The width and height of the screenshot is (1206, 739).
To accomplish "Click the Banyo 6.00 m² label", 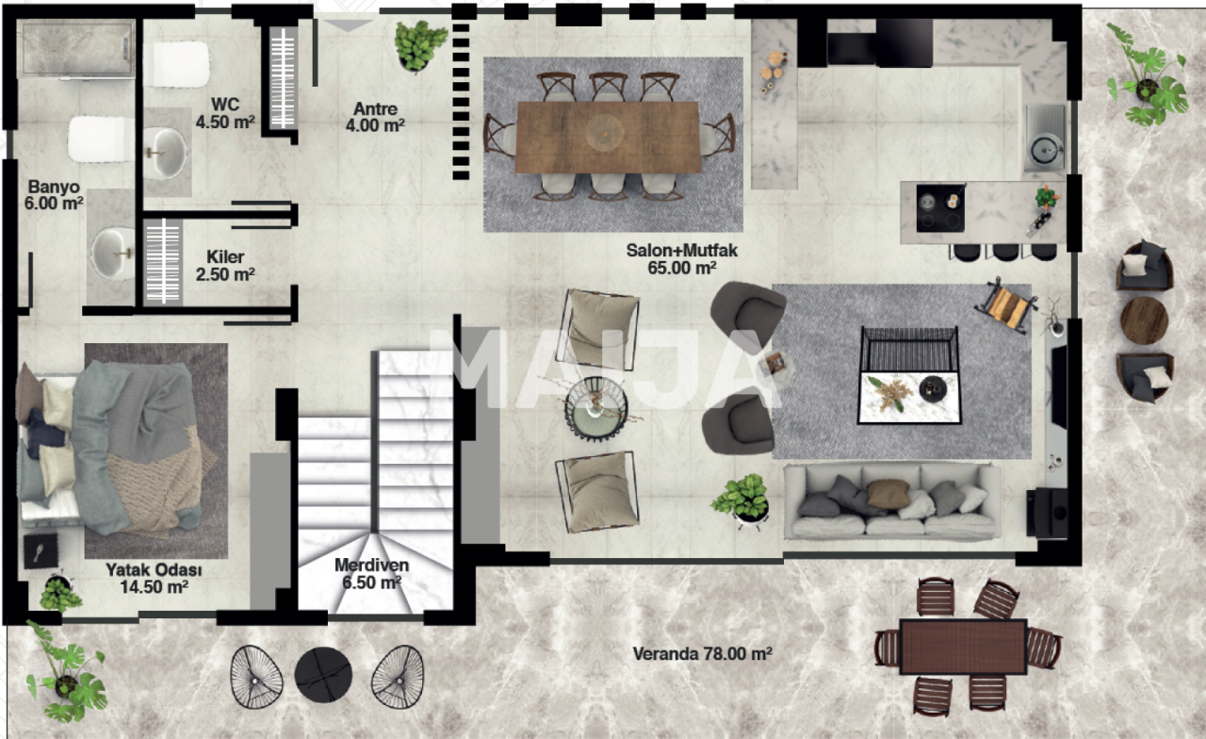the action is [x=54, y=195].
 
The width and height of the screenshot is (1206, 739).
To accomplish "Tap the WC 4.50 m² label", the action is [x=225, y=113].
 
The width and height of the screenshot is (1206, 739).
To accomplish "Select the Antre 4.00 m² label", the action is [x=375, y=118].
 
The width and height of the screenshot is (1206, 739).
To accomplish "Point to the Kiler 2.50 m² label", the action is [x=225, y=266].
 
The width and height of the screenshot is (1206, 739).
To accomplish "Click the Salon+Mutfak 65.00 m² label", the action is [x=681, y=259].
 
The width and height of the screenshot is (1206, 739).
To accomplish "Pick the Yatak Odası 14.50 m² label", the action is [x=154, y=578].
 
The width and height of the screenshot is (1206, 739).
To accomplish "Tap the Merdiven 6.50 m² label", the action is [x=371, y=574].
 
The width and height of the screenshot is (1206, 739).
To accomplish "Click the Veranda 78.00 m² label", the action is [x=703, y=654].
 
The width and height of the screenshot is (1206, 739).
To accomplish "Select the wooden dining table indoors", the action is [x=608, y=137].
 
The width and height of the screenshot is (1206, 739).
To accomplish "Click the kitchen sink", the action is [x=1045, y=138].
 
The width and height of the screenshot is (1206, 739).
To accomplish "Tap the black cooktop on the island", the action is [x=940, y=208].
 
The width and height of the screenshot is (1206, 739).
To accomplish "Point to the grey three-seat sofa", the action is [x=891, y=502].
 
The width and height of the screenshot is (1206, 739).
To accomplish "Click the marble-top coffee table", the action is [x=909, y=398].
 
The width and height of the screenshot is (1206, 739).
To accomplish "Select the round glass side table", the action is [x=596, y=409].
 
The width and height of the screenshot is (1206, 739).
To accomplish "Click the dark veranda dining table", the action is [x=963, y=647].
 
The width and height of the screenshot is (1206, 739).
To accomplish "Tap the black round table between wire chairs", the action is [x=323, y=675].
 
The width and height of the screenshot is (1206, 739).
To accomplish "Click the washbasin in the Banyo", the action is [x=113, y=254].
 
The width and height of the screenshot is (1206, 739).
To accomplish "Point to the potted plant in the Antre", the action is [x=419, y=46].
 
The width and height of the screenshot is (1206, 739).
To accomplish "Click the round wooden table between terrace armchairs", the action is [x=1144, y=320].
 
